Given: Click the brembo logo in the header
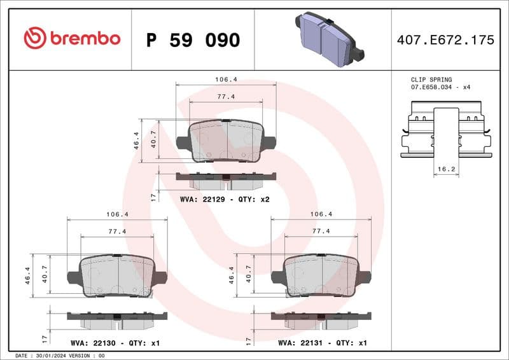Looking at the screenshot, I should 71,38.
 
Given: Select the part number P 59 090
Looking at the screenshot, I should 193,40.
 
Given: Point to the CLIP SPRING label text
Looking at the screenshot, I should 431,80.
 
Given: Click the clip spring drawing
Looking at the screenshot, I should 445,132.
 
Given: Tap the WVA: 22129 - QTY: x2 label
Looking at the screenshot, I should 225,199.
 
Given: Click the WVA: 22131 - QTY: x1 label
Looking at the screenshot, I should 323,343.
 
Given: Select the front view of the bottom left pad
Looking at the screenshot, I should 117,277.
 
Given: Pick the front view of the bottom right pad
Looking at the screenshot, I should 321,277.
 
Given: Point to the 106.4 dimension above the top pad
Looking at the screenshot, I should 226,80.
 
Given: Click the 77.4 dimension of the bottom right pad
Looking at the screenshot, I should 321,231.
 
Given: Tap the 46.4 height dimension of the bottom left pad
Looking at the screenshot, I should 28,276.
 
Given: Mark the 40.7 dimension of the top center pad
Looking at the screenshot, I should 153,139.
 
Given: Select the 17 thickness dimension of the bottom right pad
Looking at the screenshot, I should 248,340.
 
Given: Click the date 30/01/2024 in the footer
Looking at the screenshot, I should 51,356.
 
